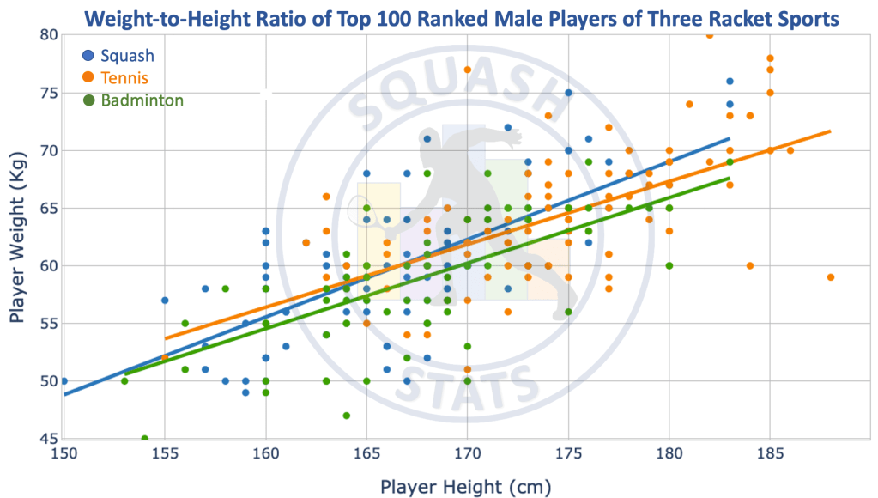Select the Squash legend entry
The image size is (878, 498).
pyautogui.click(x=127, y=56)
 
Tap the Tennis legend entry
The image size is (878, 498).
pyautogui.click(x=124, y=78)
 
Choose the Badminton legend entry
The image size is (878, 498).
pyautogui.click(x=142, y=100)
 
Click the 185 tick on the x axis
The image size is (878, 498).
pyautogui.click(x=770, y=453)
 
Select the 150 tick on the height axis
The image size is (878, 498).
pyautogui.click(x=64, y=453)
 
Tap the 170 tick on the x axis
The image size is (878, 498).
pyautogui.click(x=467, y=453)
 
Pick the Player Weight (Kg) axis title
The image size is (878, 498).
pyautogui.click(x=17, y=236)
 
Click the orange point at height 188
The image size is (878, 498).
pyautogui.click(x=830, y=277)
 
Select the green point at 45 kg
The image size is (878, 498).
pyautogui.click(x=145, y=439)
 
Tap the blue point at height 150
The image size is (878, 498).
pyautogui.click(x=64, y=380)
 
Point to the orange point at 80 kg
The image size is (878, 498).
pyautogui.click(x=709, y=35)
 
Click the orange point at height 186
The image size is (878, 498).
pyautogui.click(x=790, y=150)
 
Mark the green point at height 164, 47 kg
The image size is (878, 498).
pyautogui.click(x=346, y=416)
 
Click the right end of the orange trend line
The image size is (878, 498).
pyautogui.click(x=830, y=131)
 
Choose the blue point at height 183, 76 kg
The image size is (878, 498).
pyautogui.click(x=730, y=82)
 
